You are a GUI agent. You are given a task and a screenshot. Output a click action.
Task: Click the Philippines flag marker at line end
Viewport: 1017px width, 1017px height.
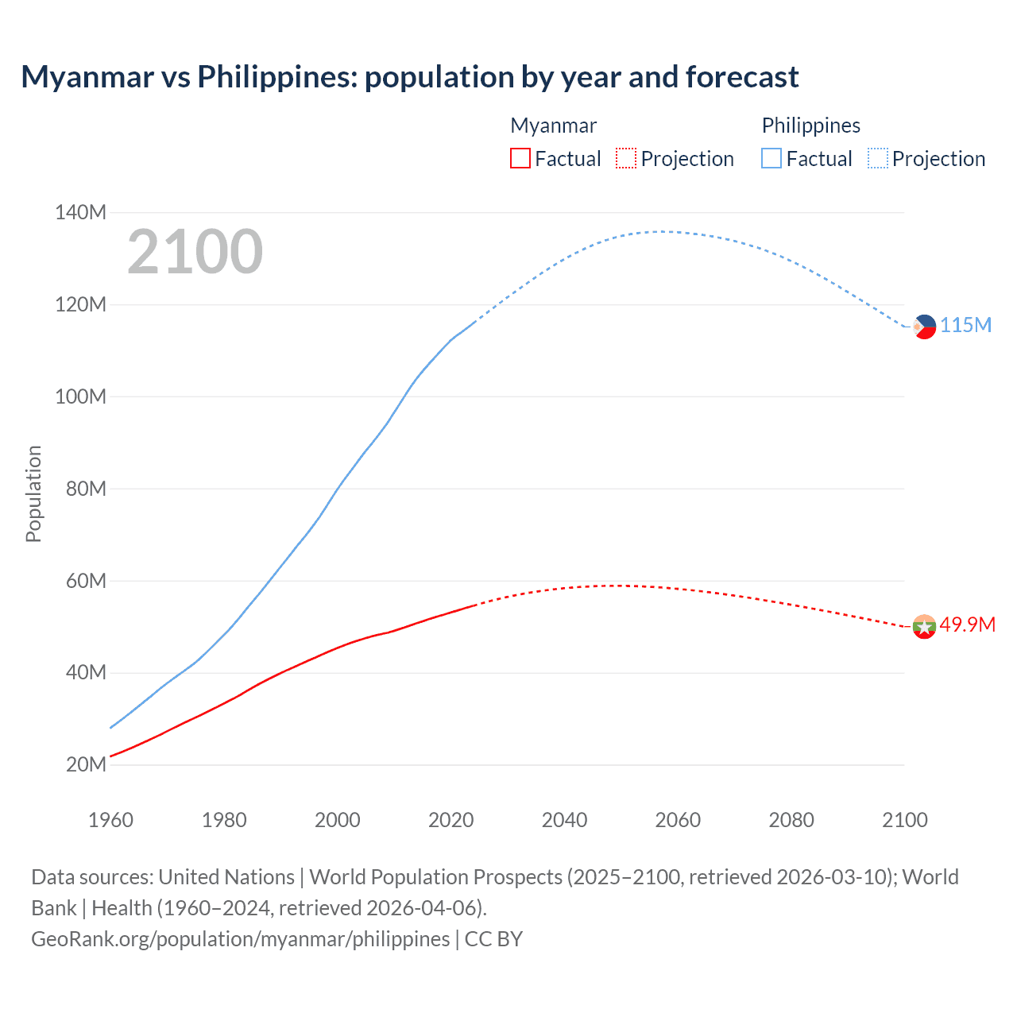[924, 327]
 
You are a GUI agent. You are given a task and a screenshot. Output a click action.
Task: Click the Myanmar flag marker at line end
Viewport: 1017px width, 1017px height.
[924, 627]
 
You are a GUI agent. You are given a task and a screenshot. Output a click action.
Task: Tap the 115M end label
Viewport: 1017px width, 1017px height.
[966, 326]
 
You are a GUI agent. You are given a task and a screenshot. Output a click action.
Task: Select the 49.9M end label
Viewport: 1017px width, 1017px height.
[967, 625]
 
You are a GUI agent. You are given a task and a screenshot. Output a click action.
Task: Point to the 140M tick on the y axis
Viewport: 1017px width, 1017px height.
[80, 213]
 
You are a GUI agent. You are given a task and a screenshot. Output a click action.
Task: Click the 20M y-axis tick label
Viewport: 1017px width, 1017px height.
[86, 765]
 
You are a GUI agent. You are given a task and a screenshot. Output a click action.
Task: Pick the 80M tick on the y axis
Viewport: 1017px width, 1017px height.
[86, 489]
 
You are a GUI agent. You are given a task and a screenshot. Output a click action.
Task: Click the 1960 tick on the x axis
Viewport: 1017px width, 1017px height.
[110, 820]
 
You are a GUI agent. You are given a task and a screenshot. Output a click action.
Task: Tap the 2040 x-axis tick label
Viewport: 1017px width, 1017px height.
[564, 820]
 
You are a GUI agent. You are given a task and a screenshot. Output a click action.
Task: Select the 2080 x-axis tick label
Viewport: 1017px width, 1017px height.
[791, 820]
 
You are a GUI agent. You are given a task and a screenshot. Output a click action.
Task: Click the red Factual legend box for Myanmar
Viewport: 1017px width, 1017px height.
[520, 159]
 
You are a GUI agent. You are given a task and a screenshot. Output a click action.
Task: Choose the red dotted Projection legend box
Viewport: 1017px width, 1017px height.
[626, 159]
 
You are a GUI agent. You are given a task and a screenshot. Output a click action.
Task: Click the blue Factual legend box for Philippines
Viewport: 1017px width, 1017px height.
[771, 159]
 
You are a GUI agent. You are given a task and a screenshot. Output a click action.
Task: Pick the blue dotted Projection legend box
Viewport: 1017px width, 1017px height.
[878, 159]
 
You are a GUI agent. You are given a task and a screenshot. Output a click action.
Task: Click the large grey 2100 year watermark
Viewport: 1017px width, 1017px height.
[195, 252]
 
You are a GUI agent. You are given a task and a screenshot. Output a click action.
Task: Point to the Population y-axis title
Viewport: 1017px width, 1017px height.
[33, 493]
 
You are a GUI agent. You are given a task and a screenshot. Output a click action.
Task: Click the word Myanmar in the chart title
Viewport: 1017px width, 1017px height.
[87, 77]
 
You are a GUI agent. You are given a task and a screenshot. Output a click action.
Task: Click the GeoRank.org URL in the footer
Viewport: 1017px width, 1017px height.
[240, 939]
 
